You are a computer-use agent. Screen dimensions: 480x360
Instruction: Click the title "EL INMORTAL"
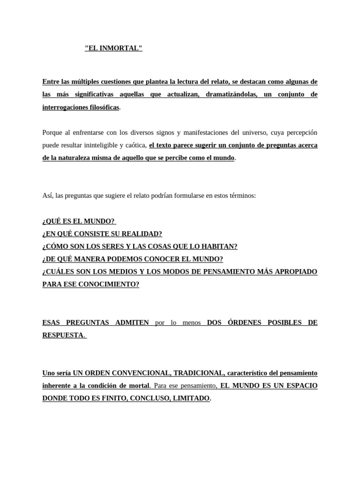click(113, 48)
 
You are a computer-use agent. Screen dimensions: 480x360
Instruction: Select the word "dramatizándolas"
click(229, 94)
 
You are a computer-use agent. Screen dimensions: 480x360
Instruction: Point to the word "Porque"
click(52, 132)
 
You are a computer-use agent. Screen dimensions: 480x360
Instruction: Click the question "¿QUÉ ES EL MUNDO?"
click(78, 221)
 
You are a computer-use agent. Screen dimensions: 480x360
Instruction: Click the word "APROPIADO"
click(295, 271)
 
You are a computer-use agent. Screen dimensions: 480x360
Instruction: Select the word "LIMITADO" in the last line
click(190, 398)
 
